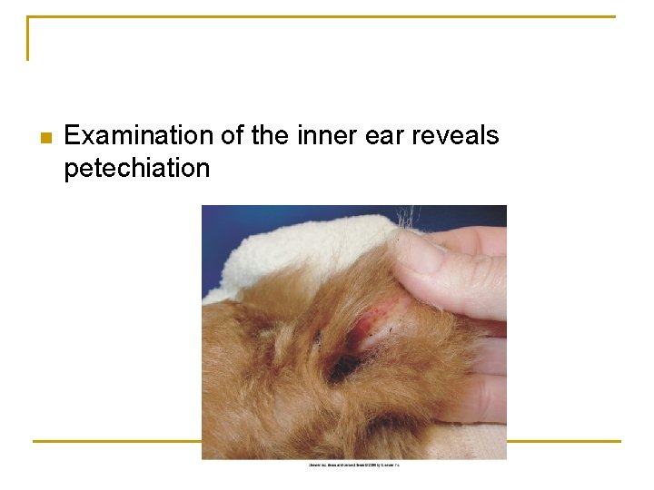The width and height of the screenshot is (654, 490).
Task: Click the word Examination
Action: click(139, 136)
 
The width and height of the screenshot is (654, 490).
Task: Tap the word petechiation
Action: click(136, 168)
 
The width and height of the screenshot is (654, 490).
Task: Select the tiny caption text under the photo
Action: click(354, 465)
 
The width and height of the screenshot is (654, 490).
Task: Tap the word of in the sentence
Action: click(232, 136)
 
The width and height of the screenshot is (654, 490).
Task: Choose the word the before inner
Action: click(270, 136)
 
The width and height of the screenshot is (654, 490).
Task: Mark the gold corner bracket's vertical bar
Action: click(28, 38)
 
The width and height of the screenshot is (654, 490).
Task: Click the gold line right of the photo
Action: click(563, 442)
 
